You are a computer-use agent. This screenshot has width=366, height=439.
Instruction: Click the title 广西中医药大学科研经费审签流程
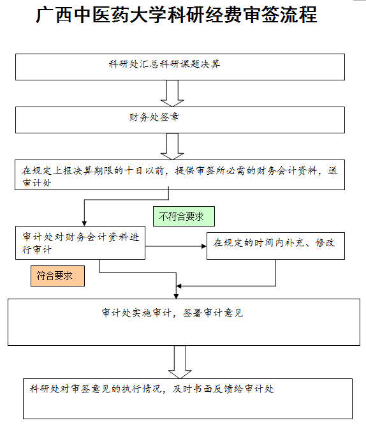(177, 15)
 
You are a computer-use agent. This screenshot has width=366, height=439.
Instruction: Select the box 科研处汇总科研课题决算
(180, 67)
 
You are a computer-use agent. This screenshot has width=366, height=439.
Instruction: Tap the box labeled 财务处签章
(180, 120)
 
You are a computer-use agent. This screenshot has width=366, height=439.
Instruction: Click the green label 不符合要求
(184, 216)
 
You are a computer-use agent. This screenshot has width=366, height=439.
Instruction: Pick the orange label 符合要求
(57, 276)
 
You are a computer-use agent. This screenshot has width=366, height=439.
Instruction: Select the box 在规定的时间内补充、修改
(275, 246)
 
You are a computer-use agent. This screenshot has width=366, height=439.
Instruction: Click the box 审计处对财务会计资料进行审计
(80, 242)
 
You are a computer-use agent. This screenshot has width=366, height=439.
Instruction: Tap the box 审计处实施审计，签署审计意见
(184, 322)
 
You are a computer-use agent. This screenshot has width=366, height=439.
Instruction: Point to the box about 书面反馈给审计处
(187, 399)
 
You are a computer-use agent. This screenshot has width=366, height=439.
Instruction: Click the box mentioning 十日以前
(180, 175)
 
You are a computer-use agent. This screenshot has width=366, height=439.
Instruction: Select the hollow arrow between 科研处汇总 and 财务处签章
(172, 94)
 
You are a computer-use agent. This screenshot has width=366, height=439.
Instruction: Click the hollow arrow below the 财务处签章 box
(172, 146)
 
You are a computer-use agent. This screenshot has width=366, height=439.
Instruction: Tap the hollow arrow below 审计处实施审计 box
(180, 362)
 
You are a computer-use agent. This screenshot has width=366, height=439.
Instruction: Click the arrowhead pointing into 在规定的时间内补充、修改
(204, 246)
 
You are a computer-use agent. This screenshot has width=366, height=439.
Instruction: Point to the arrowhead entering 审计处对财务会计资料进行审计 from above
(84, 224)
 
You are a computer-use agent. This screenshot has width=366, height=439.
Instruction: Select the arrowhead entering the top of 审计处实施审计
(176, 296)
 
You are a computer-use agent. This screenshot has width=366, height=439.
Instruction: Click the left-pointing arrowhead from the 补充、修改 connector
(179, 286)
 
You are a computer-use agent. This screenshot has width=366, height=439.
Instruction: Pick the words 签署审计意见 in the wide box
(213, 313)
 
